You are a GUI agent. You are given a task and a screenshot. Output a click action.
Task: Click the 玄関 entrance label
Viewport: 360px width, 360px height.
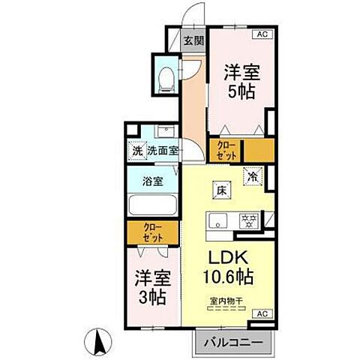coord(193,40)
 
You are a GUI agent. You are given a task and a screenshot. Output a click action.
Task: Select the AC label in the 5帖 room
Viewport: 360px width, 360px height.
coord(263,34)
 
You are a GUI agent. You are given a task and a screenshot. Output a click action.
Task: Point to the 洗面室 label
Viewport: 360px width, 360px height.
coord(162,150)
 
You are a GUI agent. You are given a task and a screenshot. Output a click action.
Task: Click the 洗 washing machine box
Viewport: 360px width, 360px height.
coord(136,150)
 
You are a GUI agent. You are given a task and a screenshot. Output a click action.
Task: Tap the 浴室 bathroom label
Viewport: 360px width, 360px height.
coord(152,180)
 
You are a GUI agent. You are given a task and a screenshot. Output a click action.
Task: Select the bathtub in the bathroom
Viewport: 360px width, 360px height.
coord(152,204)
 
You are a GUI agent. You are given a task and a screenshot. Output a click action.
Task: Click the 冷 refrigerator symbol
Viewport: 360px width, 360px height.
coord(253,177)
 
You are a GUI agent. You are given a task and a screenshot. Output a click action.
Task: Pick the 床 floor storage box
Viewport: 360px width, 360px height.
coord(222,190)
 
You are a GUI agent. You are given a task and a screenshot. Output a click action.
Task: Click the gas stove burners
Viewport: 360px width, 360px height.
coord(247,220)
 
